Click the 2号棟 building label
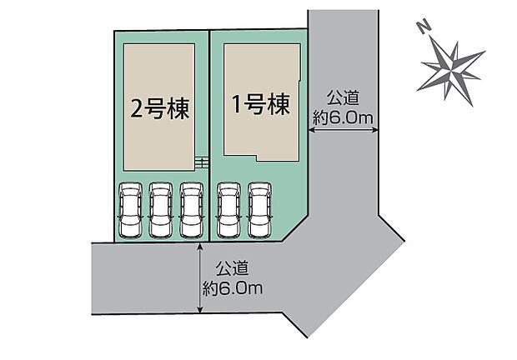pyautogui.click(x=160, y=107)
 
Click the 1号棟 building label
pyautogui.click(x=258, y=105)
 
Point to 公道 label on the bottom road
pyautogui.click(x=233, y=270)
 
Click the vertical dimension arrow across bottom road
pyautogui.click(x=200, y=278)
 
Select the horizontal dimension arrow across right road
pyautogui.click(x=342, y=130)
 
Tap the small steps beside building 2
pyautogui.click(x=200, y=162)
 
